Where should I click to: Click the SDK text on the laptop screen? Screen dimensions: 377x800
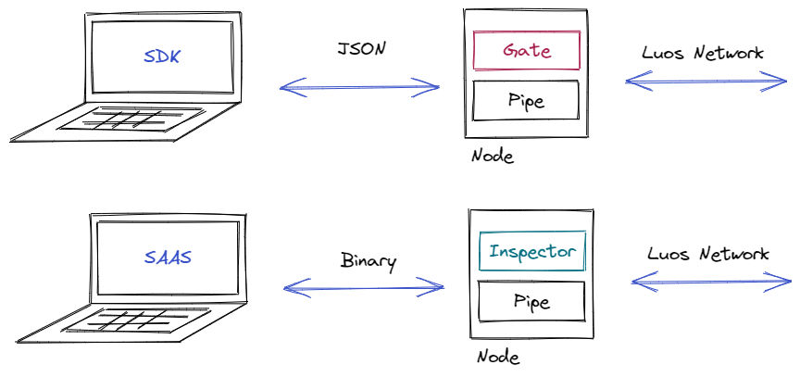click(x=163, y=57)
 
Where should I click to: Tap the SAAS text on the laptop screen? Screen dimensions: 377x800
click(x=168, y=257)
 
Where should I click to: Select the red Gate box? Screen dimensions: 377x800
click(x=526, y=51)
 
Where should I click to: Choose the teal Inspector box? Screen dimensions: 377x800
click(x=531, y=251)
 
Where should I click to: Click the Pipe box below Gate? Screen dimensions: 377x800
click(x=526, y=100)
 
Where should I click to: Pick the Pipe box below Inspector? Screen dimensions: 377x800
click(x=531, y=301)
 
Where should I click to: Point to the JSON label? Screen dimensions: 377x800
click(x=360, y=48)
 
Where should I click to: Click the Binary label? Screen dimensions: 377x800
click(x=368, y=260)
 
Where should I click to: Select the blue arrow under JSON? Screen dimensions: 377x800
click(x=359, y=88)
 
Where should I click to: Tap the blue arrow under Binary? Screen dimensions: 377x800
click(x=364, y=289)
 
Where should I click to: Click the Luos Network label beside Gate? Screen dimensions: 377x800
click(x=703, y=53)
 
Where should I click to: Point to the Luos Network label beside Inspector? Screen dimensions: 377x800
click(x=708, y=254)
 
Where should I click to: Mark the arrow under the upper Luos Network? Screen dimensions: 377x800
click(x=706, y=83)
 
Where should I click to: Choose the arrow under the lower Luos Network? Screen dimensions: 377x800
click(x=711, y=282)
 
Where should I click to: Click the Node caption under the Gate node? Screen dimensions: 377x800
click(x=492, y=156)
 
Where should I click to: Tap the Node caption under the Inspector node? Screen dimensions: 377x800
click(x=498, y=357)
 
